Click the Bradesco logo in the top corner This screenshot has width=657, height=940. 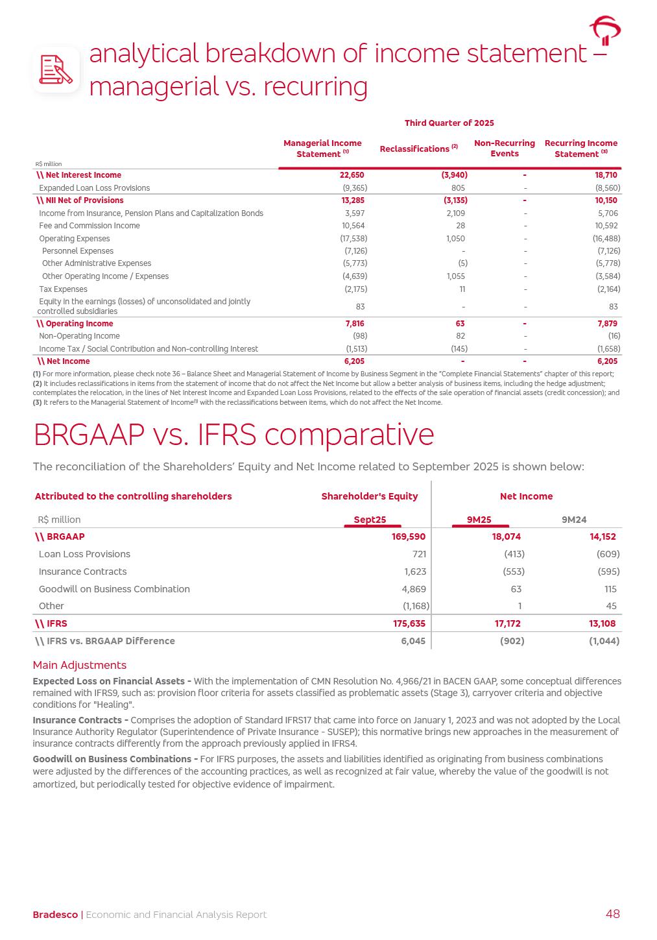604,30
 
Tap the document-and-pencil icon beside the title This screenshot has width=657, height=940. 56,69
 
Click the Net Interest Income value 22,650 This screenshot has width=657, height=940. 352,175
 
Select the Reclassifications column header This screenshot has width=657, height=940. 418,149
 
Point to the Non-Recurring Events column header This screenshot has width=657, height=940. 504,149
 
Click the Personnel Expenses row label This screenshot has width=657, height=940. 77,251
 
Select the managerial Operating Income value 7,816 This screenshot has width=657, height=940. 354,324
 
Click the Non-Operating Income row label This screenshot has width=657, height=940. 79,336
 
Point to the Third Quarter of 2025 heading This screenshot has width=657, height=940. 449,123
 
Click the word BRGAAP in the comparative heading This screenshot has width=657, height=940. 88,435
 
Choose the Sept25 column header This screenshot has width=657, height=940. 370,520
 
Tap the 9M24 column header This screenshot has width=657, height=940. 573,520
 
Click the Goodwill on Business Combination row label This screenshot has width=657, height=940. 114,589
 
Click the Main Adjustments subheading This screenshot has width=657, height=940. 79,665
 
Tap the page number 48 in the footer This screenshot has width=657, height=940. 612,914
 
